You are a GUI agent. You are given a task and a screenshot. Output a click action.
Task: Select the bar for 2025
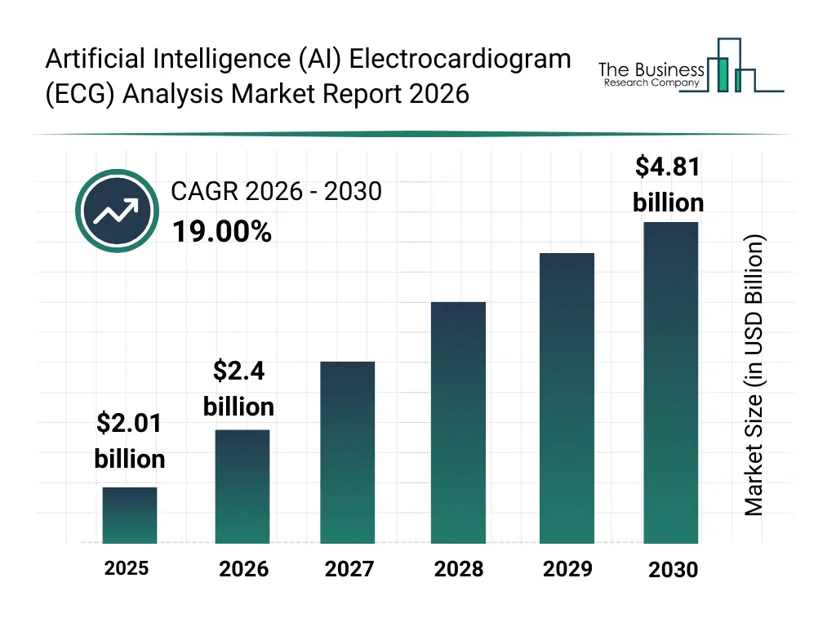click(130, 515)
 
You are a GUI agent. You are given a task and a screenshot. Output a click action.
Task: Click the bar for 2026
click(242, 487)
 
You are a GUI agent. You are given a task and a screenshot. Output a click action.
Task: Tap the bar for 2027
click(348, 452)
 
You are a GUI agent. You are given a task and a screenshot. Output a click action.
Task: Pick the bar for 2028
click(458, 423)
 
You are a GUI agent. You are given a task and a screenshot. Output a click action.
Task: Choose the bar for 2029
click(567, 398)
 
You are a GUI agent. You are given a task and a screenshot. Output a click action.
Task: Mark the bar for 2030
click(671, 383)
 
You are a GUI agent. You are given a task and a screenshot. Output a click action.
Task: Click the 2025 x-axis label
click(127, 568)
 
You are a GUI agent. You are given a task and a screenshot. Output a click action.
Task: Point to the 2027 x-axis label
click(349, 569)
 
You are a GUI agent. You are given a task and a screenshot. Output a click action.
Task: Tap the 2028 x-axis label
click(458, 569)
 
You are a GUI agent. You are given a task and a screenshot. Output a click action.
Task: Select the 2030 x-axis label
click(673, 570)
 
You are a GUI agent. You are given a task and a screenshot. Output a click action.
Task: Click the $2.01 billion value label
click(130, 441)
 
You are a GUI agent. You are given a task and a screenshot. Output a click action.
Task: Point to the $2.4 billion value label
click(238, 389)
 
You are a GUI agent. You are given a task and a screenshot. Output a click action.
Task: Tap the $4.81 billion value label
click(668, 185)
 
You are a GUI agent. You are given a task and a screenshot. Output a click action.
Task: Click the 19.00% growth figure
click(221, 233)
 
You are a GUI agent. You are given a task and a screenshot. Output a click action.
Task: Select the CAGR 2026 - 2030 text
click(276, 191)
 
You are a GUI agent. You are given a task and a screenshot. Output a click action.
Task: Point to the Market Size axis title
click(754, 376)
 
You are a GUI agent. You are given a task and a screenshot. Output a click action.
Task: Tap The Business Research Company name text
click(651, 73)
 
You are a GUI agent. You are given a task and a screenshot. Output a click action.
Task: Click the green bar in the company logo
click(721, 74)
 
